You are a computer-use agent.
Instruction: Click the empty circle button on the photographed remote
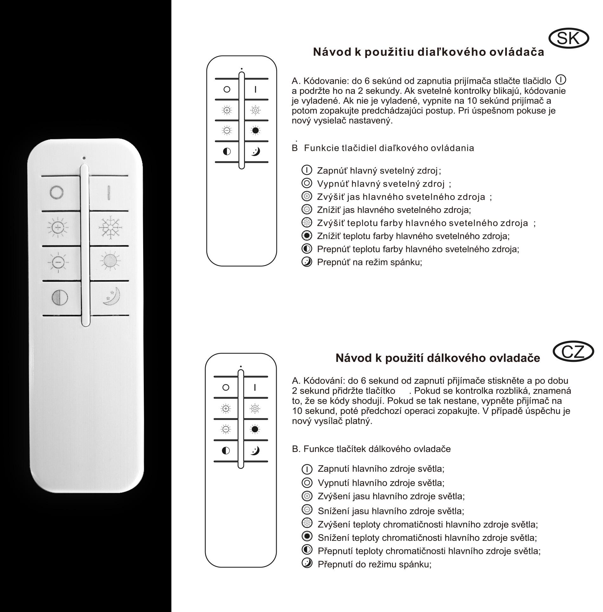coord(57,193)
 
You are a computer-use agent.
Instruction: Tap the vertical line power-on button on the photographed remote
coord(109,193)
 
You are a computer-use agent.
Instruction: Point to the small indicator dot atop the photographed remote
coord(84,158)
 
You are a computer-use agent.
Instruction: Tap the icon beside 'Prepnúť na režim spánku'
coord(307,262)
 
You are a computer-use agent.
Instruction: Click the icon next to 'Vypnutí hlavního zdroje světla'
coord(307,483)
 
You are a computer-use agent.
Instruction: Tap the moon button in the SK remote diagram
coord(255,151)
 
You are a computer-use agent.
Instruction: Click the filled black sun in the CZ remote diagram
coord(254,429)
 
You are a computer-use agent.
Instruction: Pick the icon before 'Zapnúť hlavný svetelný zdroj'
coord(307,170)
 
